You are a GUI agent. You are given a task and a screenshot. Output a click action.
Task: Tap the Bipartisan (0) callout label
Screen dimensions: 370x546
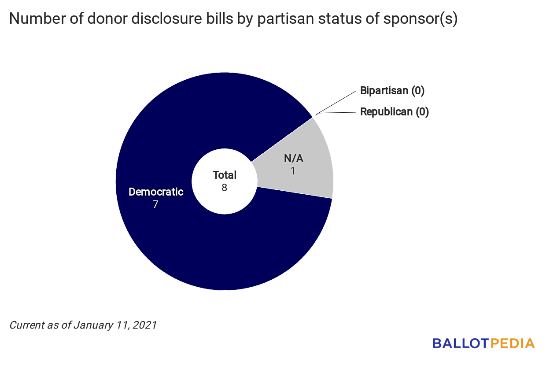[x=392, y=91]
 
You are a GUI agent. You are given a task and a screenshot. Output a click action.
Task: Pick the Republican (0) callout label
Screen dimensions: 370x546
[x=395, y=112]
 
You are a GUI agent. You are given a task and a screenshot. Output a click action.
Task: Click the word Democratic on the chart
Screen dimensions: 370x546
[x=156, y=192]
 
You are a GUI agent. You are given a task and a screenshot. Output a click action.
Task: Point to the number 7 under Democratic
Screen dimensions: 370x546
[x=155, y=204]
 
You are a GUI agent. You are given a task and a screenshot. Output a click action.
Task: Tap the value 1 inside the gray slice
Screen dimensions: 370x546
[x=293, y=170]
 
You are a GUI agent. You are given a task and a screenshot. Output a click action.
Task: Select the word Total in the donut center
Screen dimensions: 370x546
[x=225, y=175]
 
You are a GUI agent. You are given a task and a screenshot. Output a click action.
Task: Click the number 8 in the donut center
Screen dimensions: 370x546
[x=225, y=187]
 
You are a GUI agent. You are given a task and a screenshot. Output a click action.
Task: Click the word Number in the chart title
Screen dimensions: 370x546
[x=33, y=20]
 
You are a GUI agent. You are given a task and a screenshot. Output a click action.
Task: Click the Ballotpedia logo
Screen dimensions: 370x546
[x=483, y=343]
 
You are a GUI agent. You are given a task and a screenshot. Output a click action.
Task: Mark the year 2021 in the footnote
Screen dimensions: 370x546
[x=144, y=326]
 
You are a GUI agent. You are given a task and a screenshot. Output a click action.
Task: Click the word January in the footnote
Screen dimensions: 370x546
[x=92, y=326]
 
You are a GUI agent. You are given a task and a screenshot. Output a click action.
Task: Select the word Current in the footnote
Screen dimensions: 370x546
[x=27, y=326]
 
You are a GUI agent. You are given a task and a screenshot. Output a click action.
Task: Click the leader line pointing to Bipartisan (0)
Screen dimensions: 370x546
[x=337, y=102]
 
